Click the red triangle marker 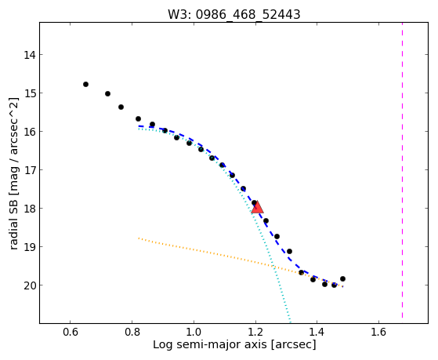[x=257, y=207]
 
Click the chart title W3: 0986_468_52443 [x=233, y=14]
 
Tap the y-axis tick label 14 [x=29, y=55]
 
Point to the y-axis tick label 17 [x=29, y=170]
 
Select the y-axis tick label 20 [x=29, y=285]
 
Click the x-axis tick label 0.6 [x=70, y=332]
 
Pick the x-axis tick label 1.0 [x=194, y=332]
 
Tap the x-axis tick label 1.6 [x=378, y=332]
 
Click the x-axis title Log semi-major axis [x=210, y=345]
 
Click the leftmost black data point [x=85, y=84]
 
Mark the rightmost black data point [x=342, y=278]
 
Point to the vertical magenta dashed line [x=402, y=170]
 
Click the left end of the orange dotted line [x=139, y=238]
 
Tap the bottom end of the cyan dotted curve [x=291, y=322]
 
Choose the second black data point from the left [x=107, y=93]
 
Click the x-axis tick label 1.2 [x=255, y=332]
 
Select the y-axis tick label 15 [x=29, y=93]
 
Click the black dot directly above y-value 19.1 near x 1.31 [x=289, y=251]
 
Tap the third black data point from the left [x=121, y=107]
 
